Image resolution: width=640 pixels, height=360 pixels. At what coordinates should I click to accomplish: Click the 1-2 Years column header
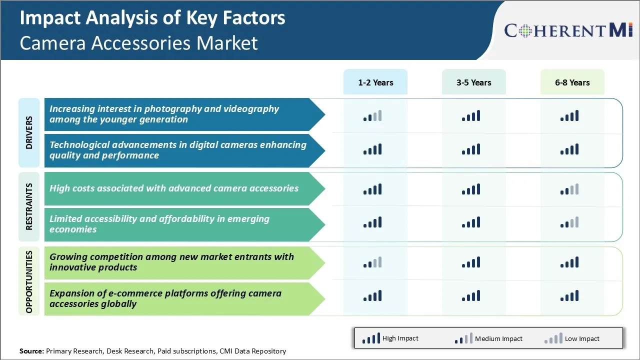(x=375, y=82)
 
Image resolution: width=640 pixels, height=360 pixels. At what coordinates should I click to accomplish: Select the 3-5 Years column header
(x=473, y=82)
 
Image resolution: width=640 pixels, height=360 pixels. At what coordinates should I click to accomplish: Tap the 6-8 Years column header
(x=572, y=82)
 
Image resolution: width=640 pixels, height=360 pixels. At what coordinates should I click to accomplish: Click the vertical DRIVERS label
(x=29, y=132)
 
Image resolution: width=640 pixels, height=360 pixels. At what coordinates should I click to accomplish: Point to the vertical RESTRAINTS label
(x=29, y=206)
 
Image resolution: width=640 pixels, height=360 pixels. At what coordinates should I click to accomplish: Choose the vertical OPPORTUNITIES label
(x=29, y=281)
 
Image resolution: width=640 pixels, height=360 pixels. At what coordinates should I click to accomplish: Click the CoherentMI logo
(x=568, y=30)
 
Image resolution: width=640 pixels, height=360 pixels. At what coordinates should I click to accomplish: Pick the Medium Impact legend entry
(x=488, y=338)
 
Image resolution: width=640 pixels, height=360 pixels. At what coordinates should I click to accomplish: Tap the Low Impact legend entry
(x=572, y=338)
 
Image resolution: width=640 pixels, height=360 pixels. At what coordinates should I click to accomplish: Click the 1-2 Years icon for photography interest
(x=372, y=116)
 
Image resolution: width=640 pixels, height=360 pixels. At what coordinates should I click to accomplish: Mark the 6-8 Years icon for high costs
(x=569, y=189)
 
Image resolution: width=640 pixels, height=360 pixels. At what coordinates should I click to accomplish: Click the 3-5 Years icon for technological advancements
(x=471, y=149)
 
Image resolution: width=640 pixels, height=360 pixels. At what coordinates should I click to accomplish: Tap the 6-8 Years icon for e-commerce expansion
(x=569, y=295)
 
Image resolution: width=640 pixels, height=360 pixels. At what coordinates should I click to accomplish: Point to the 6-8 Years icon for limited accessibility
(x=569, y=222)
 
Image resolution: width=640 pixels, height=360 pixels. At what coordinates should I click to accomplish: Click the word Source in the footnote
(x=31, y=351)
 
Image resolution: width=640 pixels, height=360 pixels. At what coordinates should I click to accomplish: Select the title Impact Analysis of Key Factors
(x=152, y=18)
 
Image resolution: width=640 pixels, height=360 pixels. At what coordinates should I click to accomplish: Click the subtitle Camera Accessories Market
(x=138, y=43)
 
